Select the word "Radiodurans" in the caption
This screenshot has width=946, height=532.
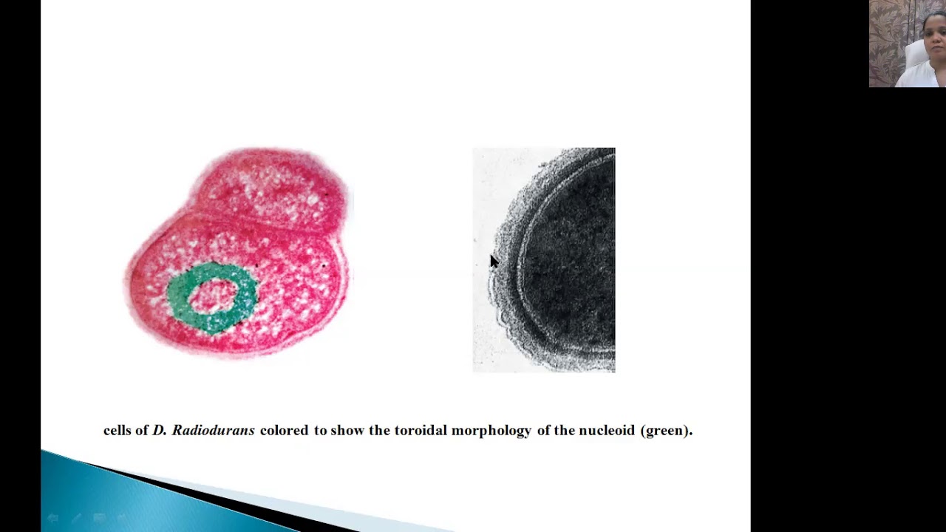(x=213, y=430)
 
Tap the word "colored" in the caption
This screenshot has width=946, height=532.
(x=284, y=430)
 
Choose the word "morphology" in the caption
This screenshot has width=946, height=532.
(x=491, y=431)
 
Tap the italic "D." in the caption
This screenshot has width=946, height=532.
(x=159, y=430)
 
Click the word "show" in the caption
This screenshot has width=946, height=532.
(x=347, y=430)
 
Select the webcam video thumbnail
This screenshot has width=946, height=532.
(x=907, y=44)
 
